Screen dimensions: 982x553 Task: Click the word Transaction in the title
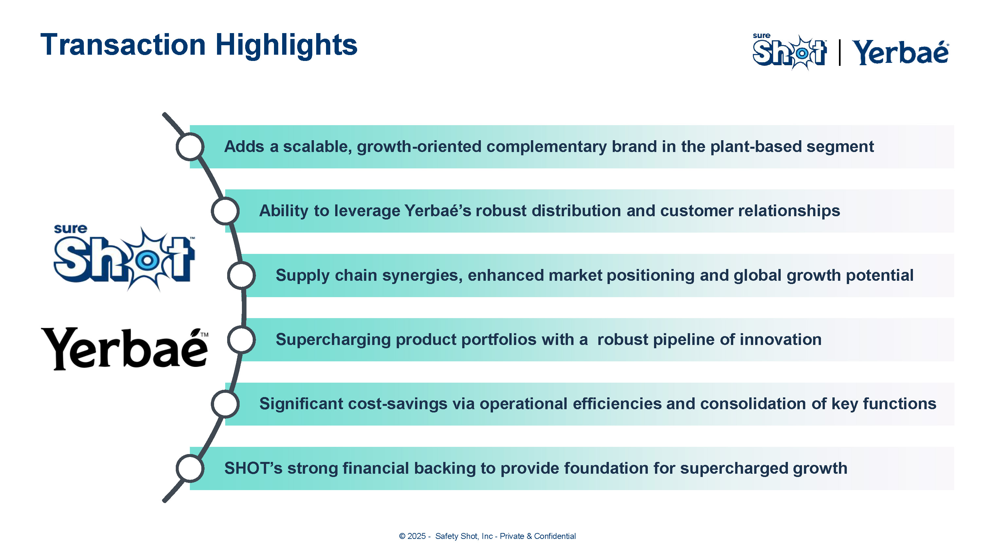pyautogui.click(x=123, y=45)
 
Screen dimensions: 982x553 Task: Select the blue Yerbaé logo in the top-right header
pyautogui.click(x=900, y=52)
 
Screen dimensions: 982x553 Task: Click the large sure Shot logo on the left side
pyautogui.click(x=124, y=258)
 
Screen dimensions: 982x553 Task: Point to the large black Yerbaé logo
pyautogui.click(x=125, y=349)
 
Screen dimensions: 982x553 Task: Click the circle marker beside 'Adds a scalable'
pyautogui.click(x=190, y=146)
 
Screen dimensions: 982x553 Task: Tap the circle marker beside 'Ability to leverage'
pyautogui.click(x=225, y=211)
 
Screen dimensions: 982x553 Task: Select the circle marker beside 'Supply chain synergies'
pyautogui.click(x=241, y=275)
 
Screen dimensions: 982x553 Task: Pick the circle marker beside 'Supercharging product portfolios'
pyautogui.click(x=241, y=340)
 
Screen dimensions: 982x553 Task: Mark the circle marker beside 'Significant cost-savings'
pyautogui.click(x=225, y=404)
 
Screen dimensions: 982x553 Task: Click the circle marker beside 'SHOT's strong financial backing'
pyautogui.click(x=190, y=468)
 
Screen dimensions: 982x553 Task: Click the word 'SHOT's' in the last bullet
pyautogui.click(x=253, y=468)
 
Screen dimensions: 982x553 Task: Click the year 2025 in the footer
pyautogui.click(x=416, y=536)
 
